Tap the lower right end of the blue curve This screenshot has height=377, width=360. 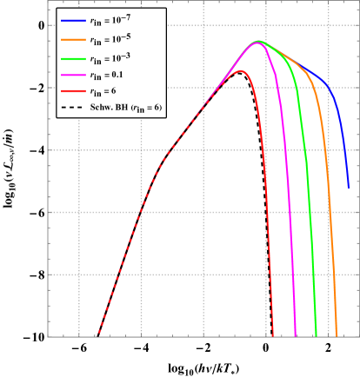(x=349, y=187)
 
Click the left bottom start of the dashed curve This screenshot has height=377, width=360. (x=97, y=336)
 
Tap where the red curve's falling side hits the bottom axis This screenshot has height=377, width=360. (x=273, y=336)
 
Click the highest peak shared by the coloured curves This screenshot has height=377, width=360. (x=257, y=42)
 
